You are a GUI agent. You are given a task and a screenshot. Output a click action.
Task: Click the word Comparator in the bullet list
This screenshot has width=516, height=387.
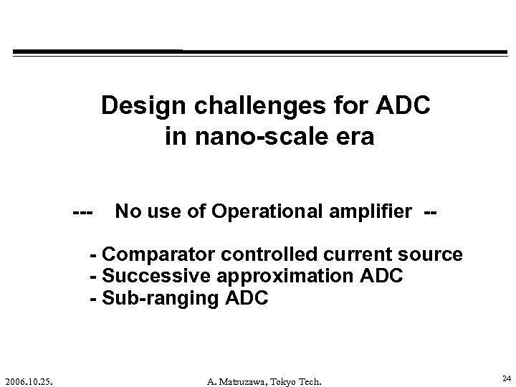click(160, 255)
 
